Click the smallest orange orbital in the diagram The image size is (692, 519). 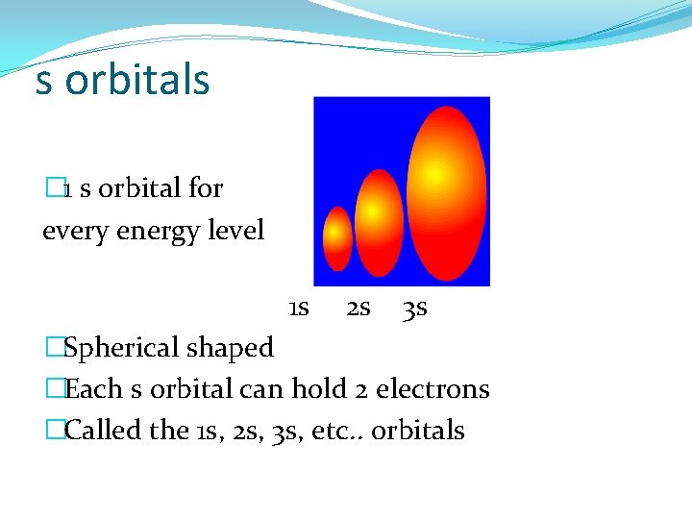click(337, 238)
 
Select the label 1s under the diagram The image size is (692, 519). click(298, 309)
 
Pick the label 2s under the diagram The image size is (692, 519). click(358, 309)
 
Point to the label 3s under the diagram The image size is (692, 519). click(415, 309)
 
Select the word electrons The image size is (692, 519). click(432, 389)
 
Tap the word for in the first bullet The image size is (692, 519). click(205, 188)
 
